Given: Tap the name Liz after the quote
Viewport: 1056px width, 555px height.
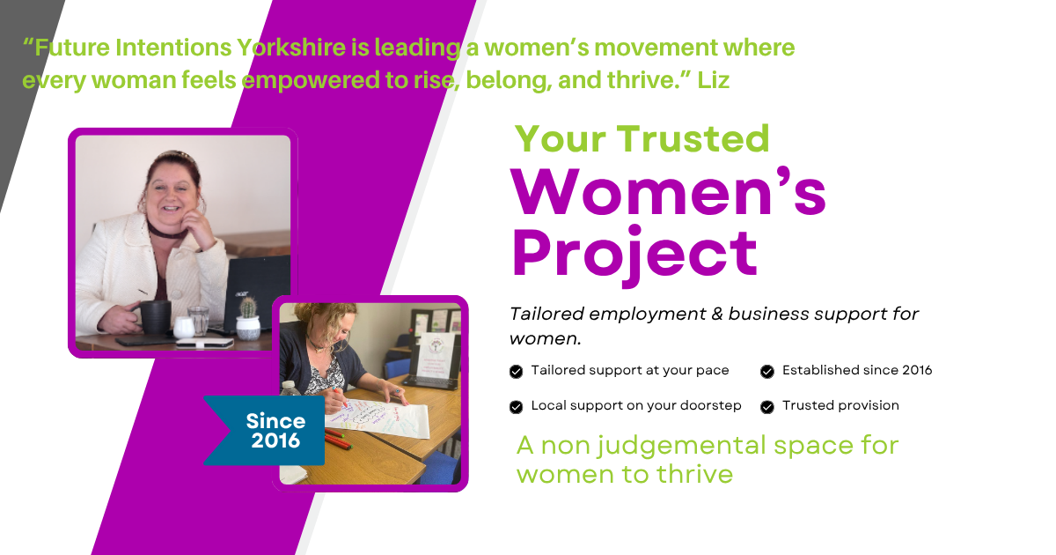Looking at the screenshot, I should pyautogui.click(x=713, y=80).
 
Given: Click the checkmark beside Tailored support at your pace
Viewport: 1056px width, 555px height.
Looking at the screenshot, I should pyautogui.click(x=517, y=372).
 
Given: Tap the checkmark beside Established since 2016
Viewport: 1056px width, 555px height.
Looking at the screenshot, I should pyautogui.click(x=767, y=372).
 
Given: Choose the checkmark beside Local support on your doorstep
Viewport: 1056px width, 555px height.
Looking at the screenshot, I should pyautogui.click(x=517, y=407).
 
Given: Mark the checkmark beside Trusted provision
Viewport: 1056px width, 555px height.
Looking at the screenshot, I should pyautogui.click(x=767, y=407).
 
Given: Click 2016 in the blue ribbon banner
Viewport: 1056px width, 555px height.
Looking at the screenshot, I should pyautogui.click(x=275, y=440).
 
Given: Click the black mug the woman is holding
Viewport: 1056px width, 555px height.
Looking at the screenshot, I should pyautogui.click(x=155, y=318).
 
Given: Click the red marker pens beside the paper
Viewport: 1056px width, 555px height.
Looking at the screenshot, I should pyautogui.click(x=337, y=439).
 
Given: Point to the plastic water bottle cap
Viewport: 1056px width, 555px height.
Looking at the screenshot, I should pyautogui.click(x=288, y=384).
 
